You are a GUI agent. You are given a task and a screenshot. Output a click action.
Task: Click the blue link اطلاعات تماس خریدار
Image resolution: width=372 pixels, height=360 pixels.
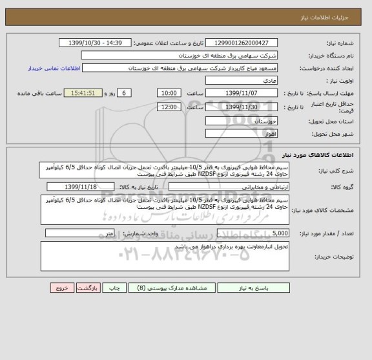[57, 68]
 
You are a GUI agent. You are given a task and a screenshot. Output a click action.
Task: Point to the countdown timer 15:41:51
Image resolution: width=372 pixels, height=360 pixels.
[85, 93]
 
